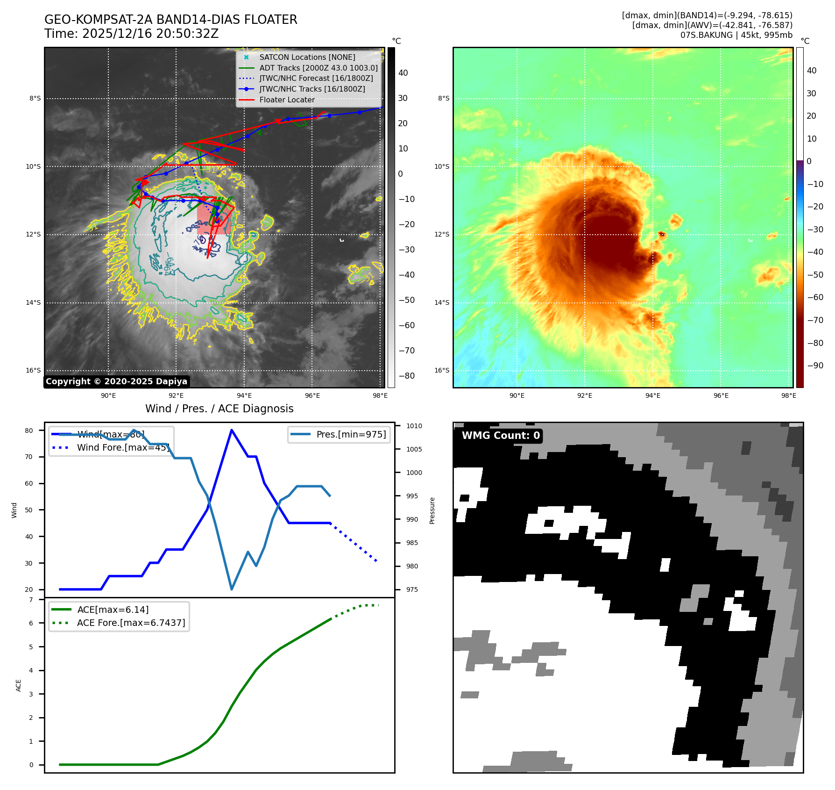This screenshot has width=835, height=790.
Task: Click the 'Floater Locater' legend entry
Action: tap(287, 100)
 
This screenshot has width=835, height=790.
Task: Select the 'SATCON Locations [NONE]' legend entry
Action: tap(307, 57)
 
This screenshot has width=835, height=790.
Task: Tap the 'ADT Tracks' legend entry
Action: tap(318, 68)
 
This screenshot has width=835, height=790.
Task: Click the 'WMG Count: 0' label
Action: tap(501, 436)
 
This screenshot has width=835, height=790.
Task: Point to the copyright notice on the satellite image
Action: tap(116, 381)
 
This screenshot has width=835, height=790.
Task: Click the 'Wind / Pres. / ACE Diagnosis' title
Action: tap(219, 409)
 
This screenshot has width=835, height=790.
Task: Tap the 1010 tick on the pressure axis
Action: tap(414, 426)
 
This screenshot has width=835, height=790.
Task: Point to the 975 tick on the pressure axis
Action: tap(412, 589)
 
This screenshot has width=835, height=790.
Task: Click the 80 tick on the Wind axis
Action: tap(29, 431)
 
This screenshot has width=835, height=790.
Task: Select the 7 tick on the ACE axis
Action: tap(31, 600)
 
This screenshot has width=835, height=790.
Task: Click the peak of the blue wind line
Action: tap(232, 430)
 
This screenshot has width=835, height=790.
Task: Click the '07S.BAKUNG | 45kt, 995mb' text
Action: tap(736, 35)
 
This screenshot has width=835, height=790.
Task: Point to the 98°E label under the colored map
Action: tap(788, 395)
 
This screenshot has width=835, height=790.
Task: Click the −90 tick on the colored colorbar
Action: tap(815, 366)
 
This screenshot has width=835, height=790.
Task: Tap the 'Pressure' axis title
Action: tap(432, 510)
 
